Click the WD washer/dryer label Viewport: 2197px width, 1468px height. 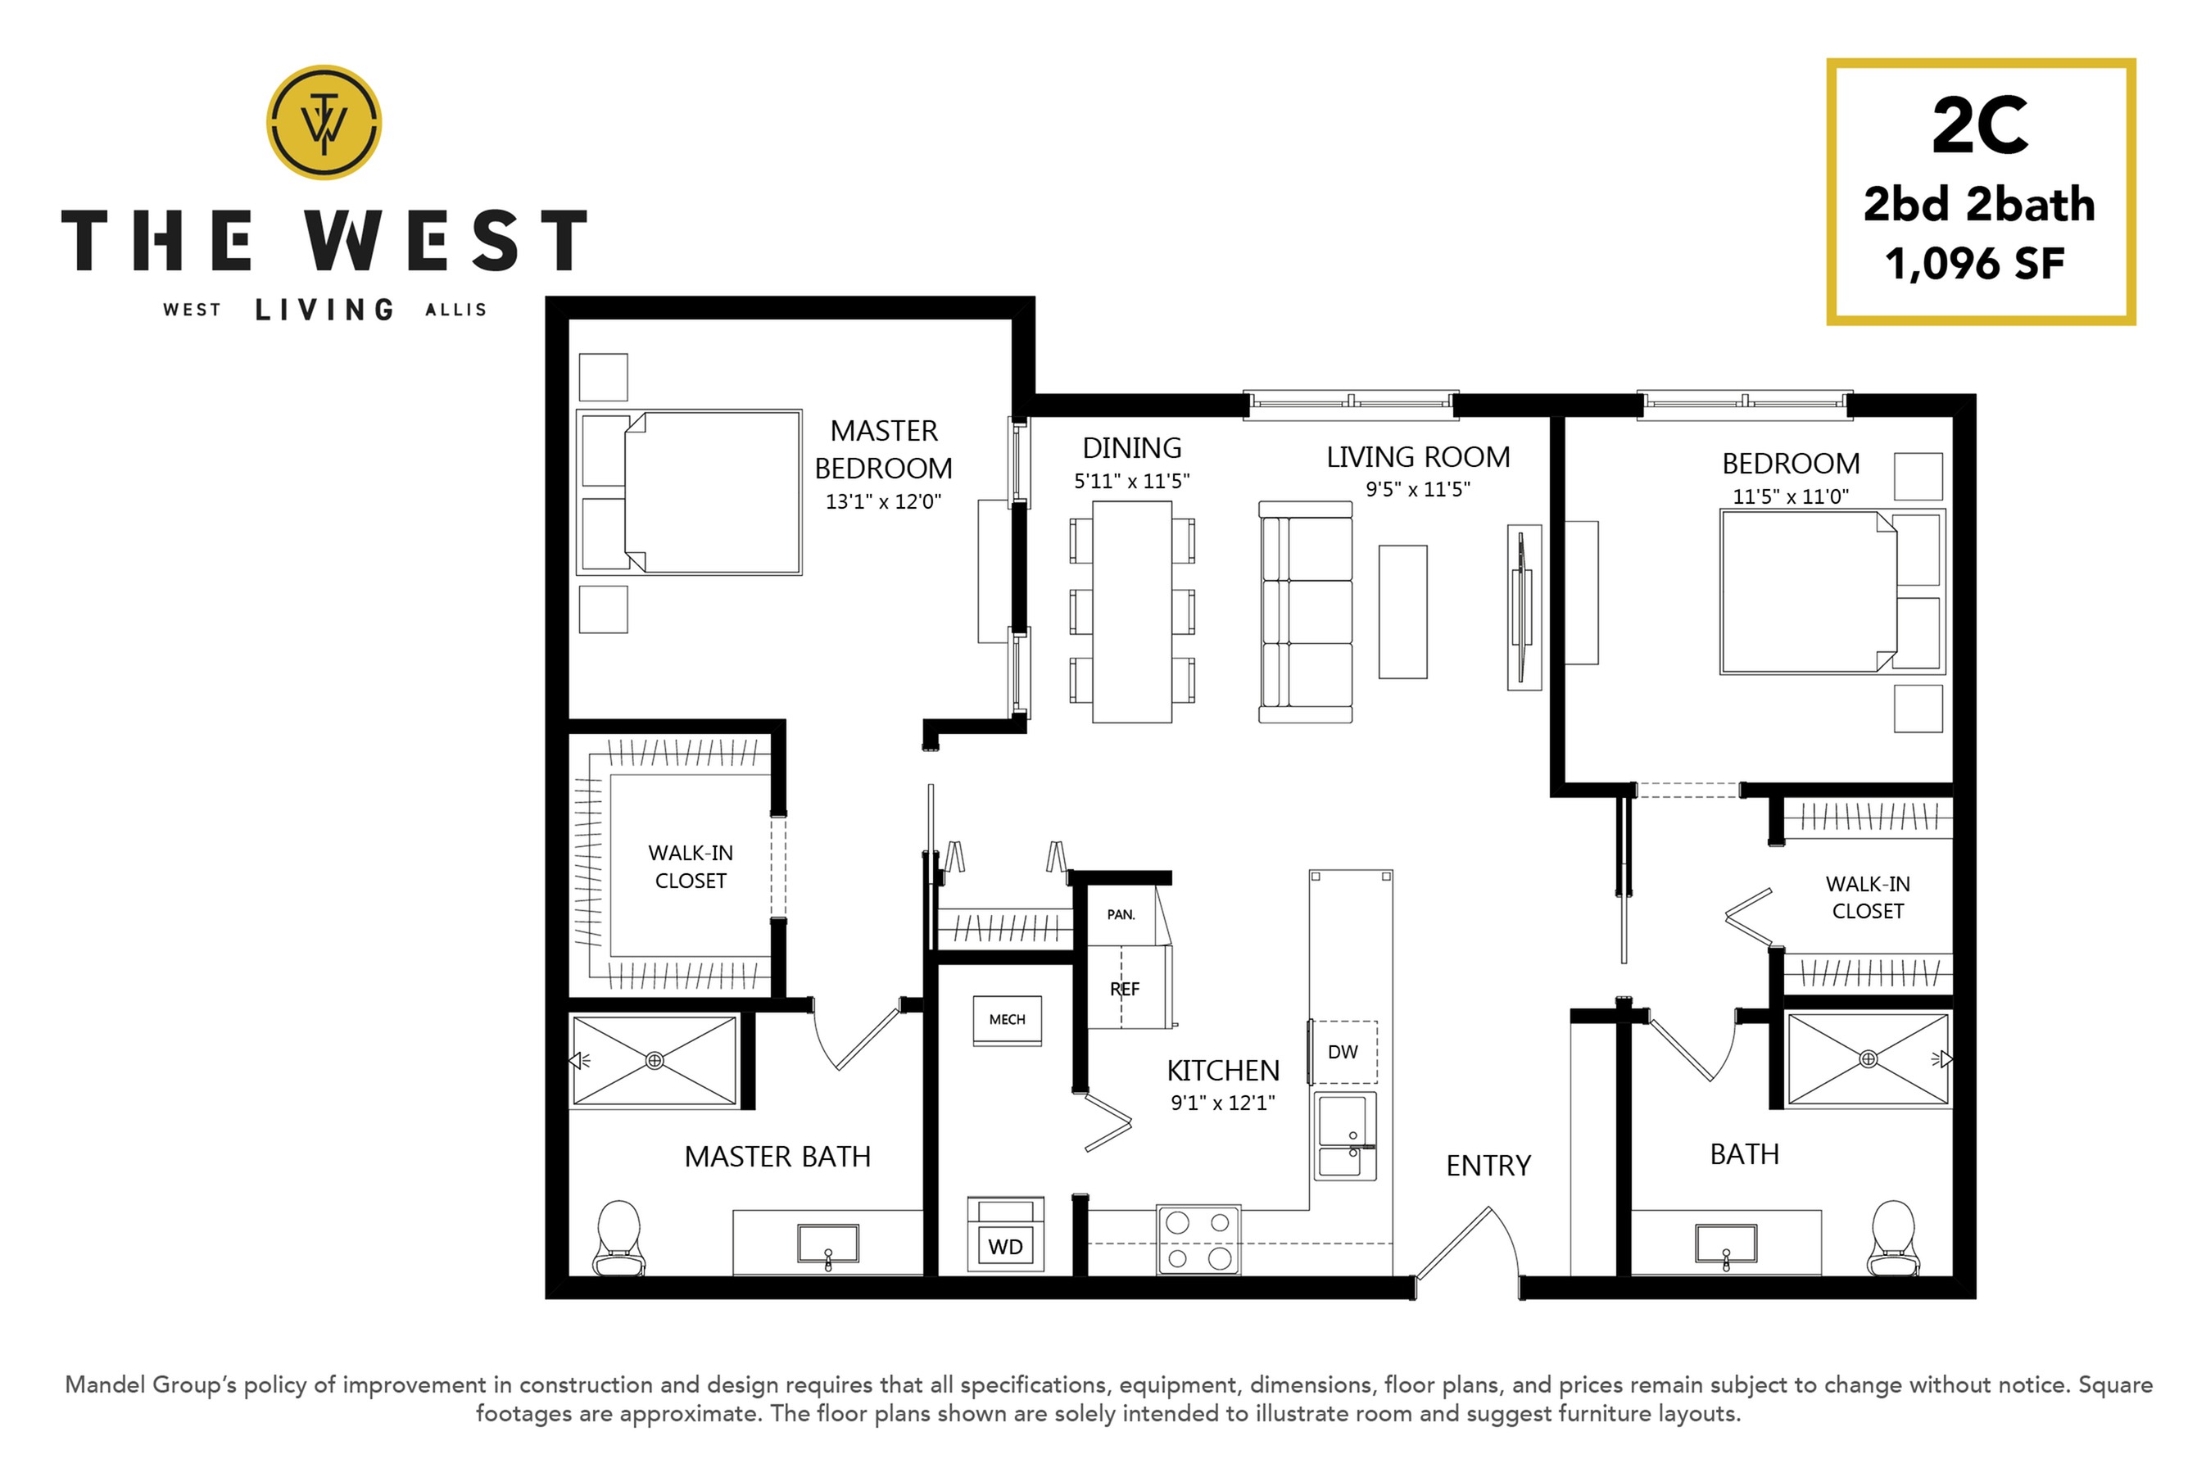(x=1005, y=1246)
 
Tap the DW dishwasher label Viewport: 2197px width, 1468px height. (x=1343, y=1051)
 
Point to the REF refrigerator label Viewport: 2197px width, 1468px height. (x=1124, y=989)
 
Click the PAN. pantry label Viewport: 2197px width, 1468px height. (x=1121, y=913)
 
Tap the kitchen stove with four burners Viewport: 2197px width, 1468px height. (x=1198, y=1239)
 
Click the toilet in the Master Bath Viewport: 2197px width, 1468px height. (x=618, y=1238)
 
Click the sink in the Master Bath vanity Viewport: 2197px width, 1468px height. (x=827, y=1244)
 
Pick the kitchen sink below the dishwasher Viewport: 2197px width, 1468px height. (x=1345, y=1135)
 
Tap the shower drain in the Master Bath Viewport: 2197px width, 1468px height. (x=655, y=1061)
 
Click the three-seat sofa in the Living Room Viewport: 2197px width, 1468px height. (x=1306, y=612)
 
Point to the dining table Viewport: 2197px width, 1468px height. (x=1132, y=612)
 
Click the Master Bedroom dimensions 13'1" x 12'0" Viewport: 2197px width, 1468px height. (x=883, y=502)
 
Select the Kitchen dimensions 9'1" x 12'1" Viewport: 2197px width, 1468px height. (x=1222, y=1103)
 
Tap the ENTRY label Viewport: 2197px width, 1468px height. (x=1488, y=1166)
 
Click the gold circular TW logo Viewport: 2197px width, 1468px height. (x=324, y=123)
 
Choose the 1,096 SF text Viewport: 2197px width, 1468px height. (x=1975, y=264)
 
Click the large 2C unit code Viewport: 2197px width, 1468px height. (x=1979, y=126)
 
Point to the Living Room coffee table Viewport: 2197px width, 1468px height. (x=1402, y=612)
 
